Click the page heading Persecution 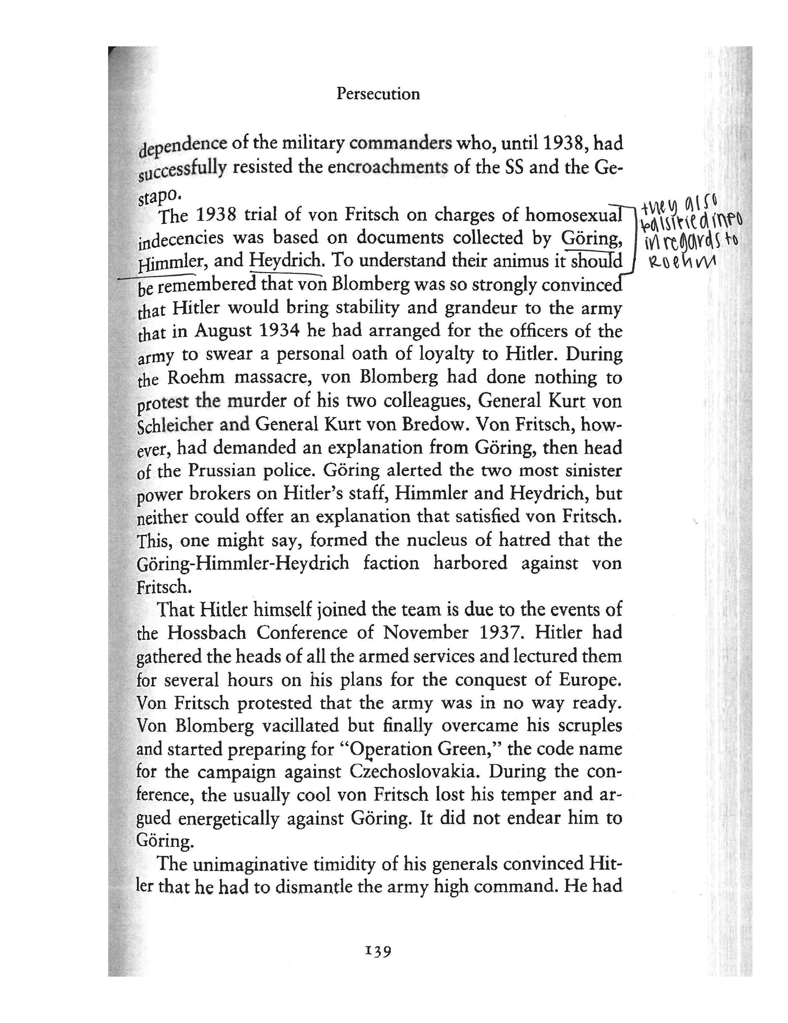pyautogui.click(x=378, y=94)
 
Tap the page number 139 pyautogui.click(x=377, y=951)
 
